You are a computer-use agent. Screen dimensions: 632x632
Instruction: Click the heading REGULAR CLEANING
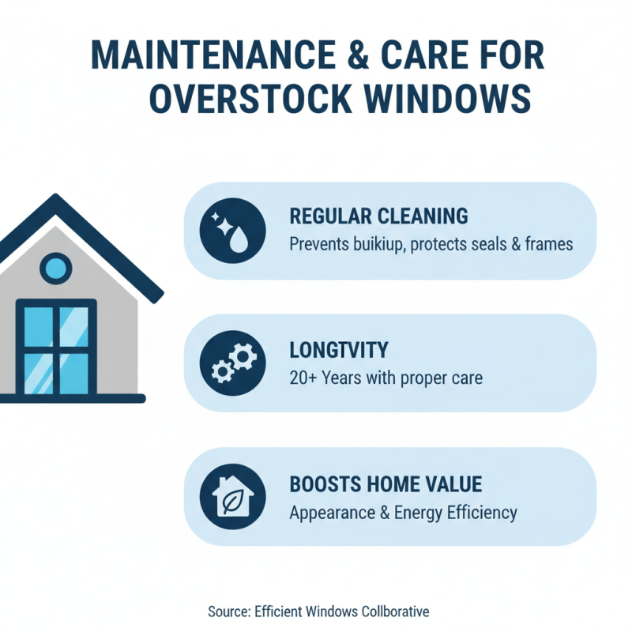click(x=378, y=216)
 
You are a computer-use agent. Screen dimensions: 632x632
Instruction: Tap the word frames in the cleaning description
click(x=545, y=244)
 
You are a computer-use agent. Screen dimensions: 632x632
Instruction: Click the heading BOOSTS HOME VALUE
click(x=386, y=483)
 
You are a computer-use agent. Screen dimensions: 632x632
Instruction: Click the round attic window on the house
click(x=55, y=269)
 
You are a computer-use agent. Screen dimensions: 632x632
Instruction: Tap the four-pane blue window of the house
click(x=55, y=348)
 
